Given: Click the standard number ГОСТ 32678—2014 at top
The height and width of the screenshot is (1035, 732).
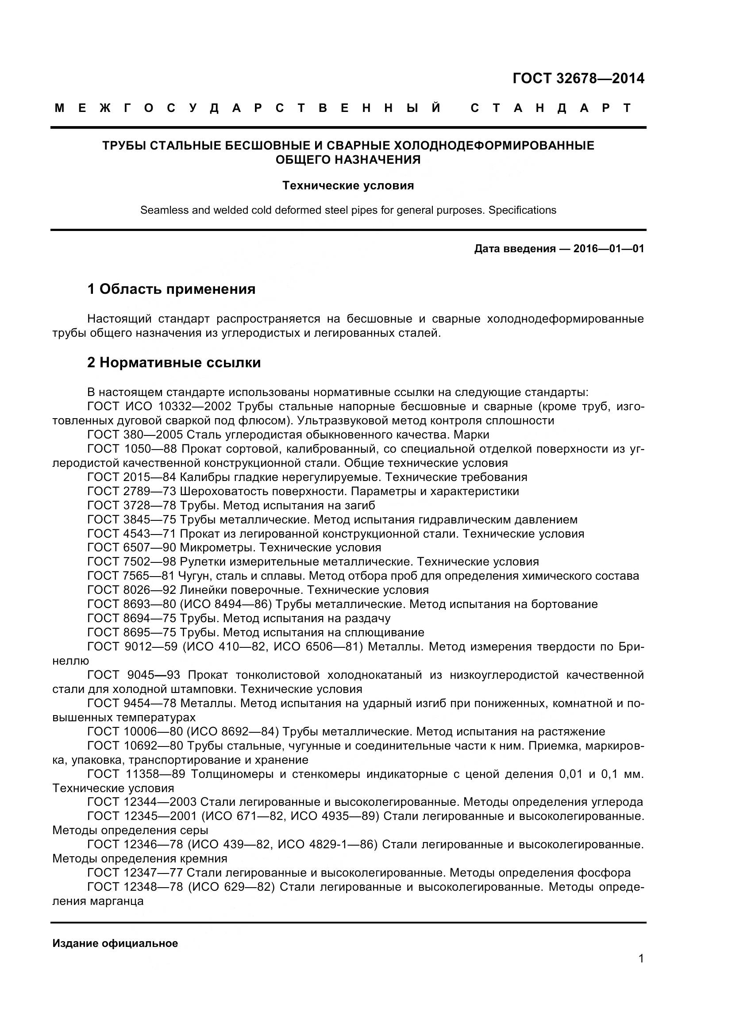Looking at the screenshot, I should point(578,78).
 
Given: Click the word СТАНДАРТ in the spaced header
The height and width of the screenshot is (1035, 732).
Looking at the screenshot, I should point(551,108).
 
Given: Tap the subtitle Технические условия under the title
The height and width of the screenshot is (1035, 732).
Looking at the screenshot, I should point(348,186).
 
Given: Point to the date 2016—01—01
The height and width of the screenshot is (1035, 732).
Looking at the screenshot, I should point(609,249).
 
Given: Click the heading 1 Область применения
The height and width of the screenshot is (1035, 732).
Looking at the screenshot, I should point(171,289).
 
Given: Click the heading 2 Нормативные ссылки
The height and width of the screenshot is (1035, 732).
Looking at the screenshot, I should point(174,362).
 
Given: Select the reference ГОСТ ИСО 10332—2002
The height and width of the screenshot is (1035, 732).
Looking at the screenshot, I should point(159,407).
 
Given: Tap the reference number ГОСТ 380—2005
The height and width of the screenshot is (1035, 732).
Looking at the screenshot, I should point(135,435).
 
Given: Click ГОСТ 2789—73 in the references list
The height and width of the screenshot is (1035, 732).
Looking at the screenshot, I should point(131,491).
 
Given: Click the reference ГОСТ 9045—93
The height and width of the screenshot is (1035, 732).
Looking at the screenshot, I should point(133,675).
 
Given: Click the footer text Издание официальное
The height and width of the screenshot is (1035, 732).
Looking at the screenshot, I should point(115,944).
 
